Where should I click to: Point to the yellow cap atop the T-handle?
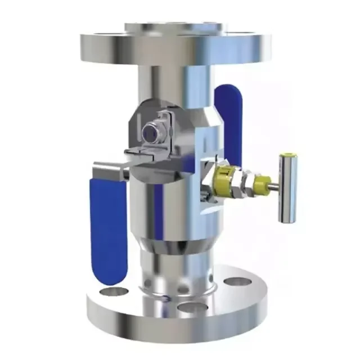pyautogui.click(x=288, y=157)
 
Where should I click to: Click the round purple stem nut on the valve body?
pyautogui.click(x=150, y=133)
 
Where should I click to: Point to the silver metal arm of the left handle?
pyautogui.click(x=112, y=167)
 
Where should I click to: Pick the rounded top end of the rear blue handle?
pyautogui.click(x=229, y=89)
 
